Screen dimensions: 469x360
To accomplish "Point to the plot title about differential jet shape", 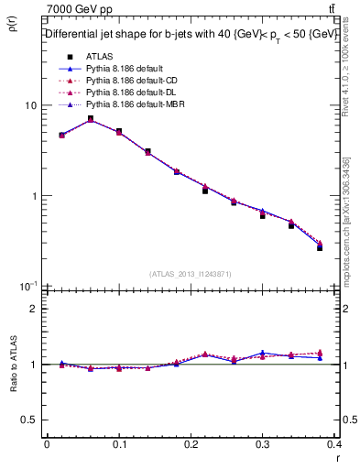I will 189,34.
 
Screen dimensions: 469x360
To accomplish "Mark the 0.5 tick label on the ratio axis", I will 29,420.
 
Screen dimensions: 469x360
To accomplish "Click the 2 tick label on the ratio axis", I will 34,309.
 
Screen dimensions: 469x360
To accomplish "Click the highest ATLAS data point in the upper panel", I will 91,118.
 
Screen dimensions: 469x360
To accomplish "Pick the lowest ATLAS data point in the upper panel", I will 320,248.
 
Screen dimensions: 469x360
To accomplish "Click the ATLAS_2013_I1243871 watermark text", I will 189,275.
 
